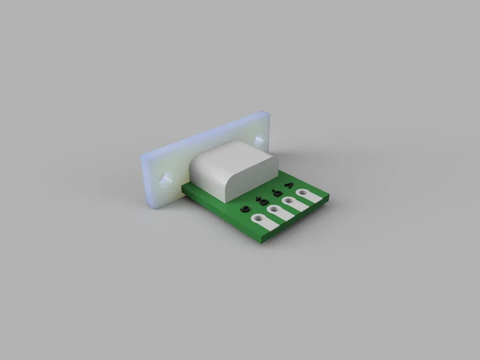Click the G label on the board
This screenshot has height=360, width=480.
[x=245, y=209]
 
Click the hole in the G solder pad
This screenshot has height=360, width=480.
[x=259, y=218]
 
